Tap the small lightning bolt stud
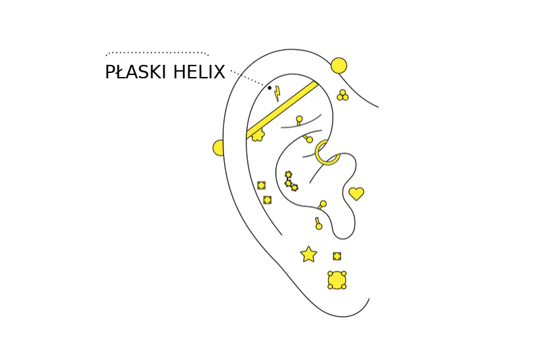[x=277, y=93]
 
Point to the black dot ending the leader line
[x=269, y=88]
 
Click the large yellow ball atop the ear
[x=339, y=66]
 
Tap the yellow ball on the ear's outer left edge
[x=219, y=148]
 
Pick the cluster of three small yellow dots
[x=343, y=96]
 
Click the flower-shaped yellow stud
[x=258, y=135]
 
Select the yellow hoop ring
[x=327, y=153]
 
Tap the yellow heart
[x=356, y=194]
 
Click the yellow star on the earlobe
[x=308, y=254]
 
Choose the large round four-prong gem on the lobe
[x=337, y=280]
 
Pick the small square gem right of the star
[x=337, y=256]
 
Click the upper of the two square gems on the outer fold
[x=261, y=185]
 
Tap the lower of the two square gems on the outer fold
[x=267, y=200]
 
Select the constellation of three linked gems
[x=290, y=181]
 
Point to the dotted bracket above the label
[x=157, y=53]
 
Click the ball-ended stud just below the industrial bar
[x=299, y=120]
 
